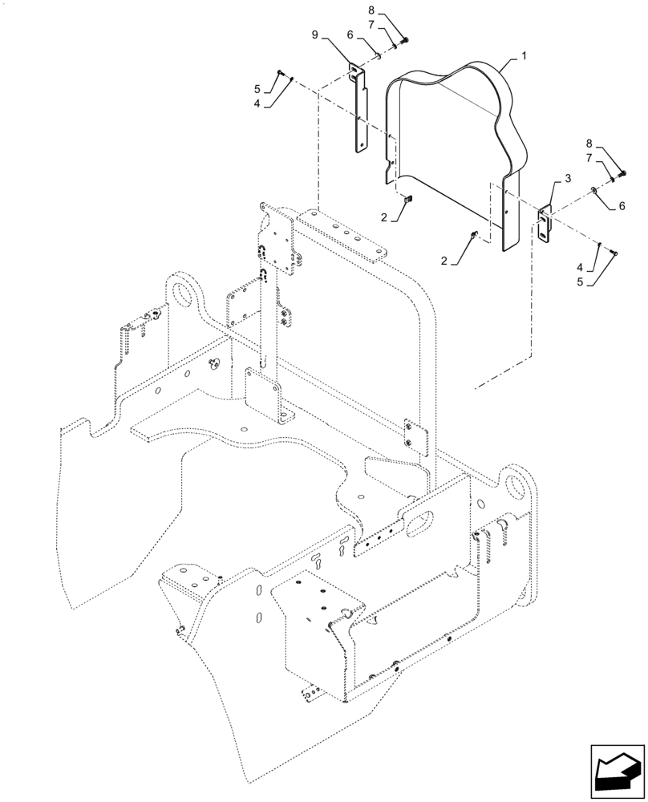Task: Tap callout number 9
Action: tap(316, 35)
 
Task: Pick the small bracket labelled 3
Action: tap(546, 221)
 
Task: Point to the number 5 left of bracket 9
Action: tap(257, 88)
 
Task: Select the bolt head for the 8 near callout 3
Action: tap(626, 172)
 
